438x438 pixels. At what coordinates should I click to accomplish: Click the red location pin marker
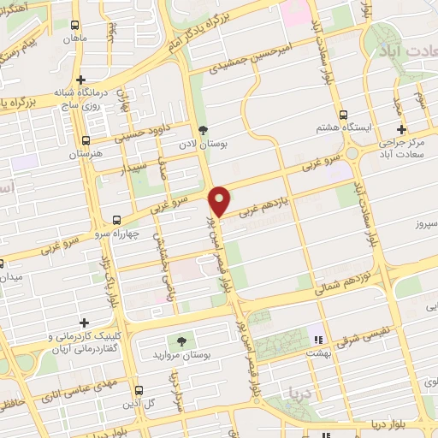pyautogui.click(x=220, y=201)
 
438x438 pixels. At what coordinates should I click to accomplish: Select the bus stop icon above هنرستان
pyautogui.click(x=85, y=140)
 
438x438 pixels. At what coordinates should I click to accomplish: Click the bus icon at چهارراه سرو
pyautogui.click(x=117, y=220)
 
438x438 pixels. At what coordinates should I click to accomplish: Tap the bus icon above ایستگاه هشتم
pyautogui.click(x=343, y=114)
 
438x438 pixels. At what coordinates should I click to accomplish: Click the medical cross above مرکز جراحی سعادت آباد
pyautogui.click(x=401, y=128)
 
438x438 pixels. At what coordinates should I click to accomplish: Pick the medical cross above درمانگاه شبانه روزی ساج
pyautogui.click(x=80, y=80)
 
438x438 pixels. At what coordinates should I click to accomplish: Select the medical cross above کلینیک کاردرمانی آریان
pyautogui.click(x=84, y=323)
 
